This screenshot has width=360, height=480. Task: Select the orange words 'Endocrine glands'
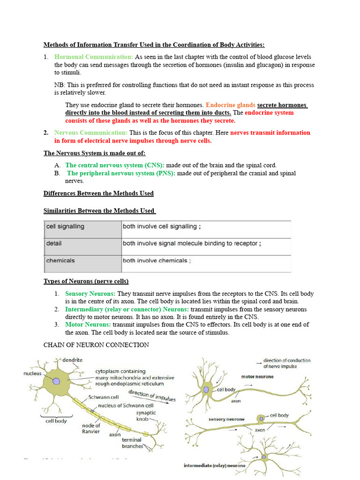coord(230,105)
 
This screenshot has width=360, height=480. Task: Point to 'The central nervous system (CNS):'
coord(115,165)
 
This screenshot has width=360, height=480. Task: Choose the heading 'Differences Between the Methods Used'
coord(98,193)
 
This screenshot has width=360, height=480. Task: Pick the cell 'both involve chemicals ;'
coord(157,261)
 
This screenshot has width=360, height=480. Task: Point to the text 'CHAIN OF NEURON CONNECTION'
coord(96,345)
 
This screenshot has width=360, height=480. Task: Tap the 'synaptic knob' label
coord(146,415)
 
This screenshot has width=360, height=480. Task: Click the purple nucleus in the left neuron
coord(56,381)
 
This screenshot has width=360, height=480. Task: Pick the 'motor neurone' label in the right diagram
coord(257,376)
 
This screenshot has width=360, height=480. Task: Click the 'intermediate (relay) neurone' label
coord(214,465)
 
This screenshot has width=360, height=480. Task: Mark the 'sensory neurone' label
coord(223,419)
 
